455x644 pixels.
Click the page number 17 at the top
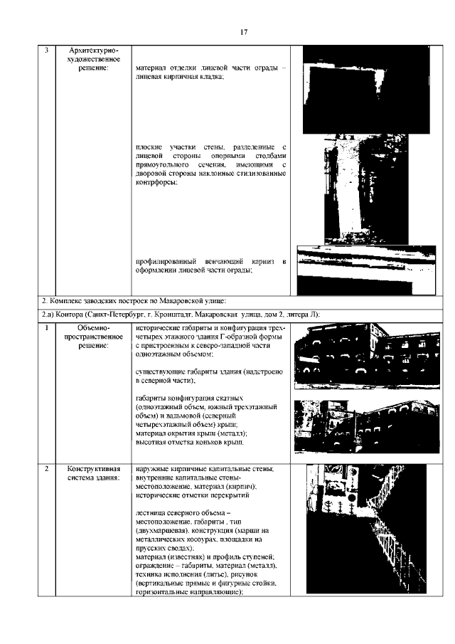click(243, 32)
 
